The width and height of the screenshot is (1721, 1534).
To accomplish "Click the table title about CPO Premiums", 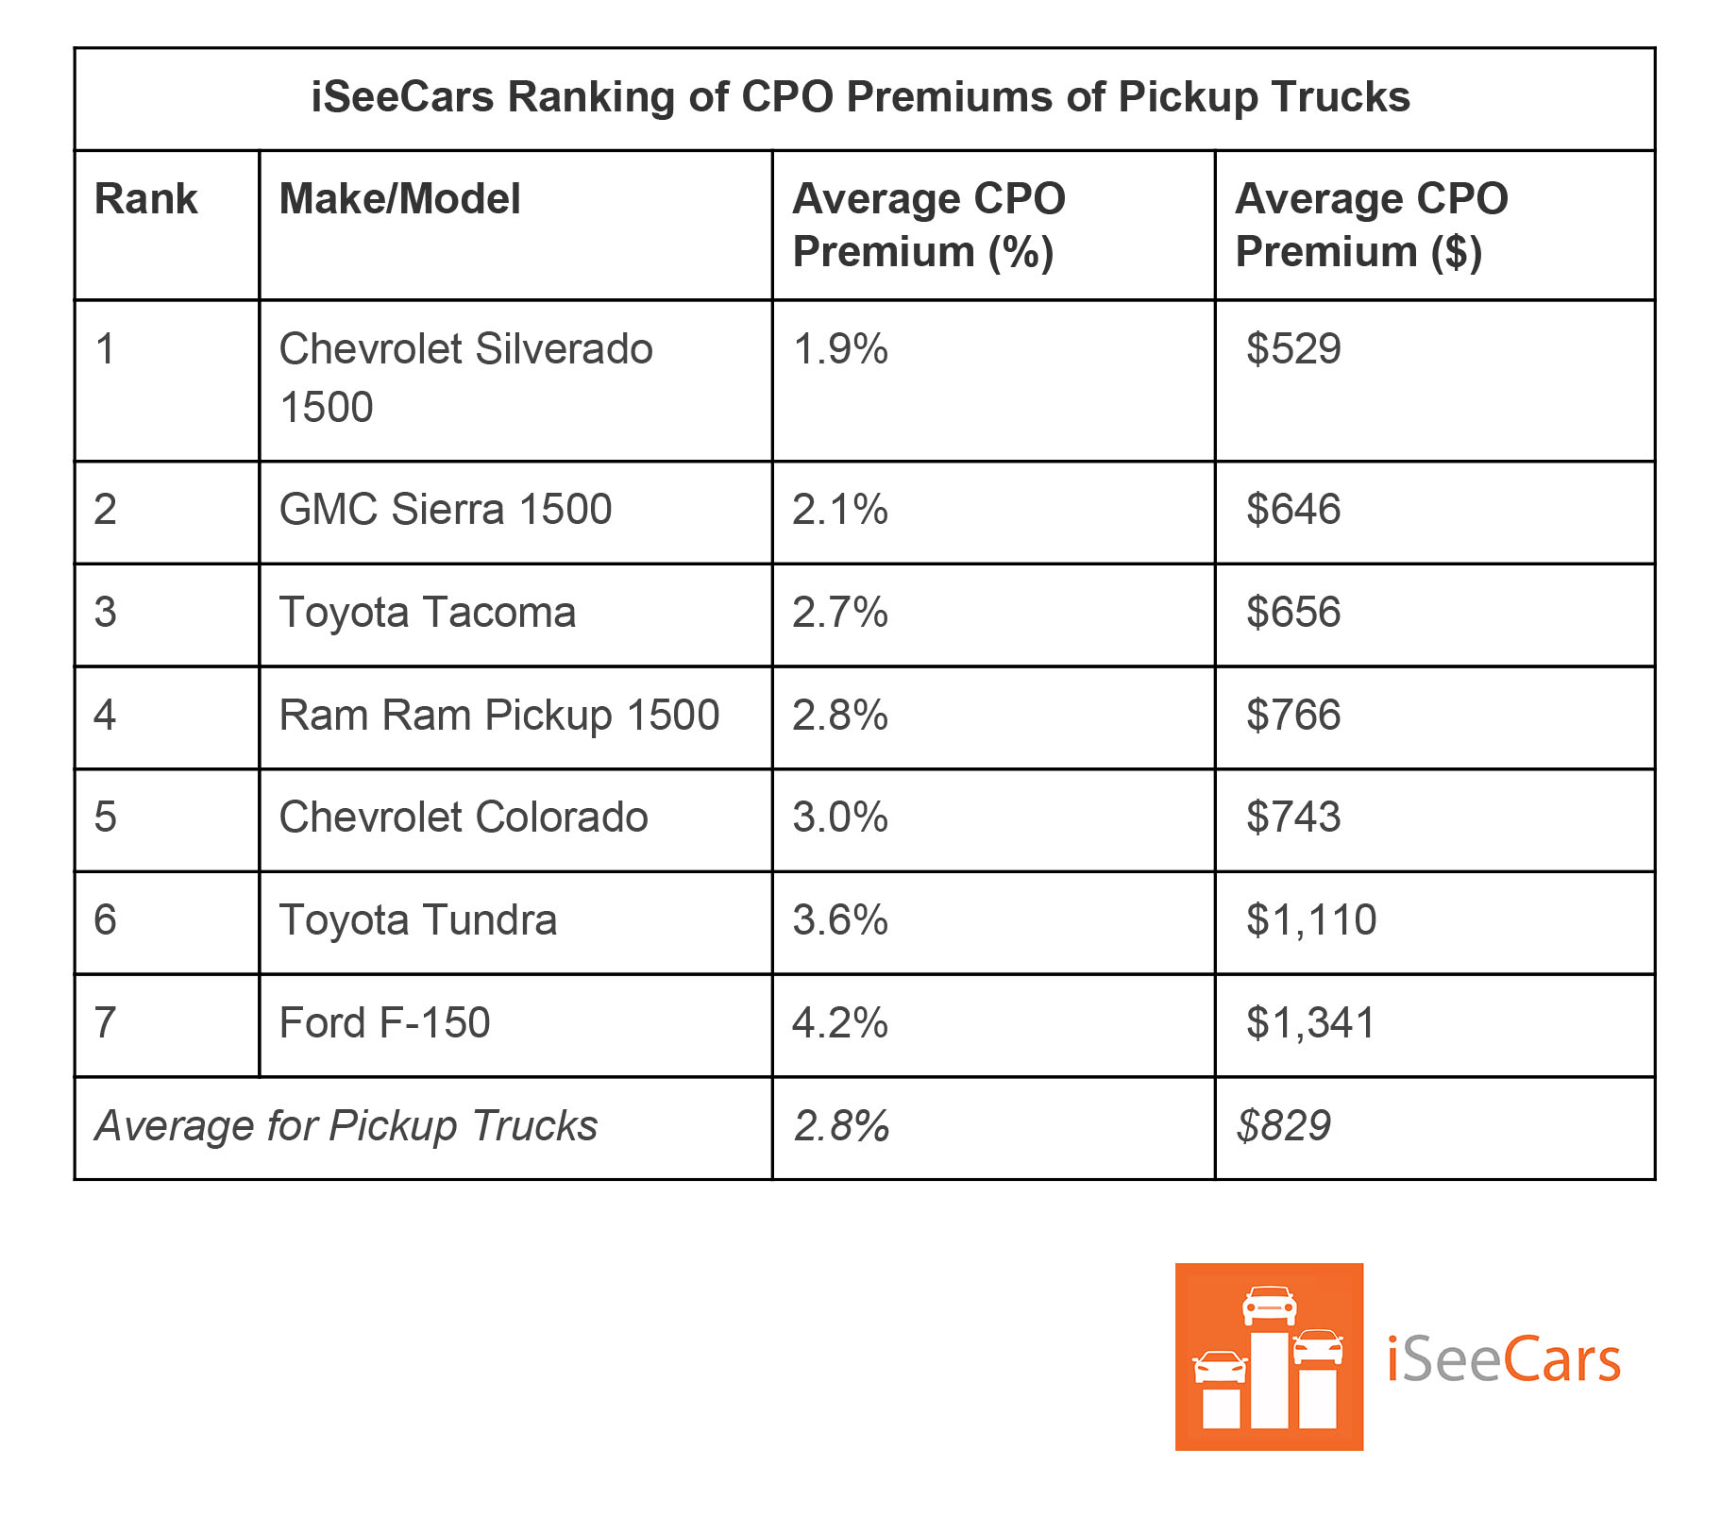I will (860, 97).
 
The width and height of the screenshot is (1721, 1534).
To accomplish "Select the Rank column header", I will (146, 199).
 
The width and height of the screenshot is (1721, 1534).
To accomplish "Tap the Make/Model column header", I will (399, 199).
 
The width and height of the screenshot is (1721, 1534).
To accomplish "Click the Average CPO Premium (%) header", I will (929, 225).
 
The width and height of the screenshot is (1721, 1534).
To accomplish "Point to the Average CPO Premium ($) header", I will (1371, 225).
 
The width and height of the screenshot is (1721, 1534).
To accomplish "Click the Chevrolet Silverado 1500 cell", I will (465, 378).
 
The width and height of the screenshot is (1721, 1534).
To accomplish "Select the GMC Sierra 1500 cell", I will (446, 510).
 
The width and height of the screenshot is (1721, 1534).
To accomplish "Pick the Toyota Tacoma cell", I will (428, 613).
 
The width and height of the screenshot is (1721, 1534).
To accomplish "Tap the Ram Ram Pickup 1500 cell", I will (499, 716).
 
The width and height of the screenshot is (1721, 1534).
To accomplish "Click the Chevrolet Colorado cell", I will (464, 818).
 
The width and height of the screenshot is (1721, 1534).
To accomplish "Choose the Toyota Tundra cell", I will (418, 920).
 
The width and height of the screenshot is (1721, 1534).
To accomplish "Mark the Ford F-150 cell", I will (384, 1023).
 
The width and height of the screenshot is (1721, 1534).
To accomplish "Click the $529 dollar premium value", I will (1292, 349).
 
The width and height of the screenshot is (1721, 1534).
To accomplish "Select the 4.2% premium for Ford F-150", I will (839, 1023).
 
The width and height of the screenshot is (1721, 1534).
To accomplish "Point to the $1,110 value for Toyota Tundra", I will (1310, 920).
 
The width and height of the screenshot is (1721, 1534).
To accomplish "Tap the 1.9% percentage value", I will (839, 349).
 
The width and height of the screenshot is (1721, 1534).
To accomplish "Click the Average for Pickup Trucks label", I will (346, 1126).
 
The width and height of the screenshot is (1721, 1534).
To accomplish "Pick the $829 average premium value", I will (1283, 1126).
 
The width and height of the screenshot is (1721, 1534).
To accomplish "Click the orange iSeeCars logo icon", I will (1269, 1357).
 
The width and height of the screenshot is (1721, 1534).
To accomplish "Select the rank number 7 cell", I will (105, 1023).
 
